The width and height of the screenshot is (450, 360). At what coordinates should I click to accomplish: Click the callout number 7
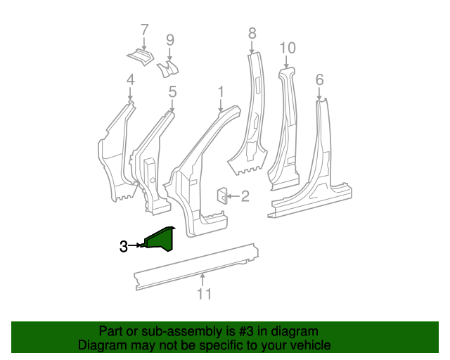click(x=145, y=30)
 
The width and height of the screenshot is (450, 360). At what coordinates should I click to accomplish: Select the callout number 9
click(x=169, y=40)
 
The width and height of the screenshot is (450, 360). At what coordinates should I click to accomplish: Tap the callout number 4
click(x=130, y=81)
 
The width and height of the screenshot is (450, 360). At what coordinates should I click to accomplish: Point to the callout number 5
click(x=172, y=91)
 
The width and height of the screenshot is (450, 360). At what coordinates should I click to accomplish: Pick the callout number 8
click(x=252, y=32)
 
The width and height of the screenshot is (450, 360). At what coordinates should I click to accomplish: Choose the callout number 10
click(x=288, y=48)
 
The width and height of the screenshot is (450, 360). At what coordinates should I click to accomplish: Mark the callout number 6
click(x=320, y=80)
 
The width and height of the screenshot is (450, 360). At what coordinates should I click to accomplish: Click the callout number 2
click(x=245, y=197)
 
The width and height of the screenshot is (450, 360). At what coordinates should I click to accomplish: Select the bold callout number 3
click(x=124, y=246)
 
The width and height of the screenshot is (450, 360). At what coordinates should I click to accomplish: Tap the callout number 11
click(x=204, y=294)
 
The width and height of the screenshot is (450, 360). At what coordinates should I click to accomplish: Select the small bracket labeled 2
click(x=221, y=195)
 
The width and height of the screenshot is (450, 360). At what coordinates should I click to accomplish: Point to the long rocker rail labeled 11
click(x=197, y=266)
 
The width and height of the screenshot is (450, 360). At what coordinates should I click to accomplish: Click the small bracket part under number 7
click(x=141, y=56)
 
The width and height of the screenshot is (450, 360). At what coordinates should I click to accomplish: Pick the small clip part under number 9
click(x=168, y=68)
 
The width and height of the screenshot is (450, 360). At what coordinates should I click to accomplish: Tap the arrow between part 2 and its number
click(x=233, y=197)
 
